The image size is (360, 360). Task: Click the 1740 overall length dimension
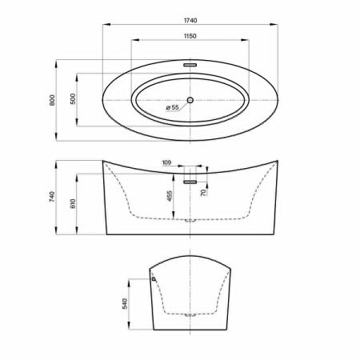point(190,20)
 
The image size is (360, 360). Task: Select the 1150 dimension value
point(190,36)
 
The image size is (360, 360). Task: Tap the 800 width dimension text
point(52,100)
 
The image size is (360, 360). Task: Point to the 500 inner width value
point(73,99)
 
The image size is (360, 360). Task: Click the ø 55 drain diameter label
point(172,107)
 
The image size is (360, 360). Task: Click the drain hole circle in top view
point(190,100)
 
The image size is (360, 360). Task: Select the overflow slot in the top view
point(190,65)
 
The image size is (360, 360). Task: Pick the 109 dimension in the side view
point(166,162)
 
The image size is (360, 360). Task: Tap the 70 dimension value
point(203,192)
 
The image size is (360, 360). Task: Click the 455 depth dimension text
point(170,196)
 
